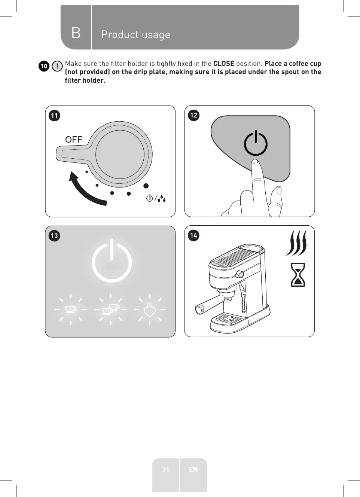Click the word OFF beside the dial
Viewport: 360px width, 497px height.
click(x=74, y=140)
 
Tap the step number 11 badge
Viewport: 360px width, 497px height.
click(x=54, y=115)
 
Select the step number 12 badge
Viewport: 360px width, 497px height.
click(x=193, y=115)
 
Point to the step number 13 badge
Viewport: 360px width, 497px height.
click(x=54, y=235)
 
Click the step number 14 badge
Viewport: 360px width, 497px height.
click(x=193, y=235)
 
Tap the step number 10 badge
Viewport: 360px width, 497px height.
click(x=44, y=66)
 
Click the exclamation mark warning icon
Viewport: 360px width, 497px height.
click(x=57, y=66)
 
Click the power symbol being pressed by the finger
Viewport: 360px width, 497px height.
click(x=256, y=143)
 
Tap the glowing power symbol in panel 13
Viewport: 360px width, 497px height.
click(x=112, y=261)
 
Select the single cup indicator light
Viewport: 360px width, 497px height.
click(x=70, y=309)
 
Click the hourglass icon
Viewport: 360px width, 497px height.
click(x=298, y=275)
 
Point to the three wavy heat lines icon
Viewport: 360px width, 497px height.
click(x=297, y=243)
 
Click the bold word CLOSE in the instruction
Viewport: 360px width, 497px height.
click(x=223, y=64)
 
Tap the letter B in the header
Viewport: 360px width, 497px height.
click(x=76, y=33)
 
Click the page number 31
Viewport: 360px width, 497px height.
click(x=165, y=469)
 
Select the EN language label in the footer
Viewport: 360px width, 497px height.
click(x=193, y=469)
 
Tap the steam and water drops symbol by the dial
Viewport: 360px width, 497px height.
click(x=156, y=198)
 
